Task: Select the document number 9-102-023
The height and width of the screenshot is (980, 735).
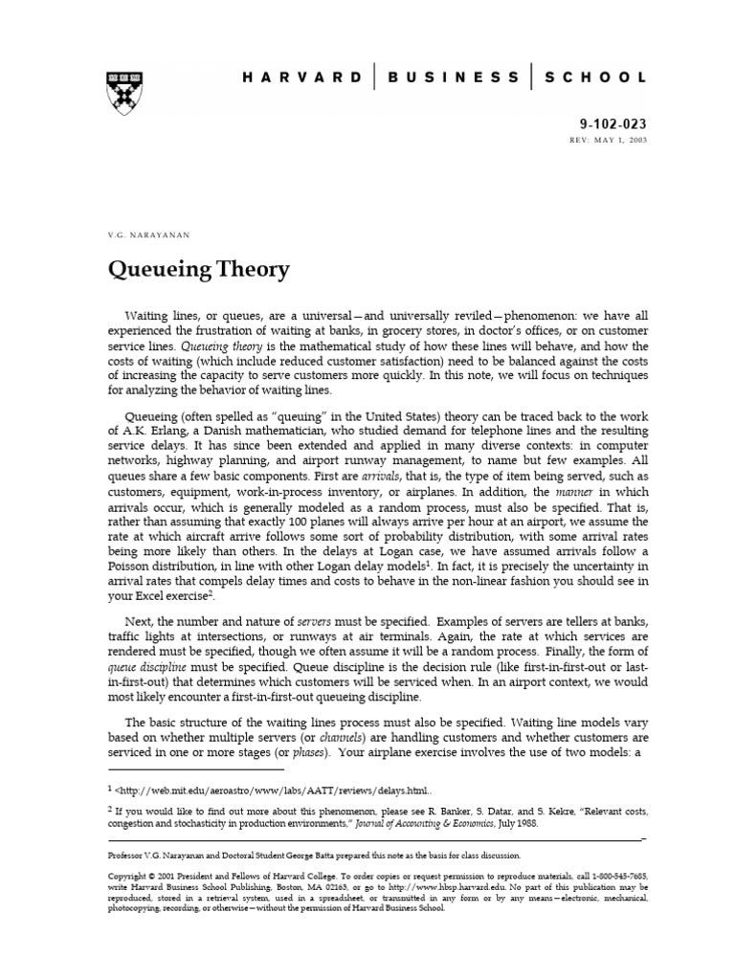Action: pyautogui.click(x=613, y=123)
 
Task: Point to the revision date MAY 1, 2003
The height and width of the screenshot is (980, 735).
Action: pyautogui.click(x=622, y=141)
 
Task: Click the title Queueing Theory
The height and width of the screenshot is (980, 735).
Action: pyautogui.click(x=197, y=270)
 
